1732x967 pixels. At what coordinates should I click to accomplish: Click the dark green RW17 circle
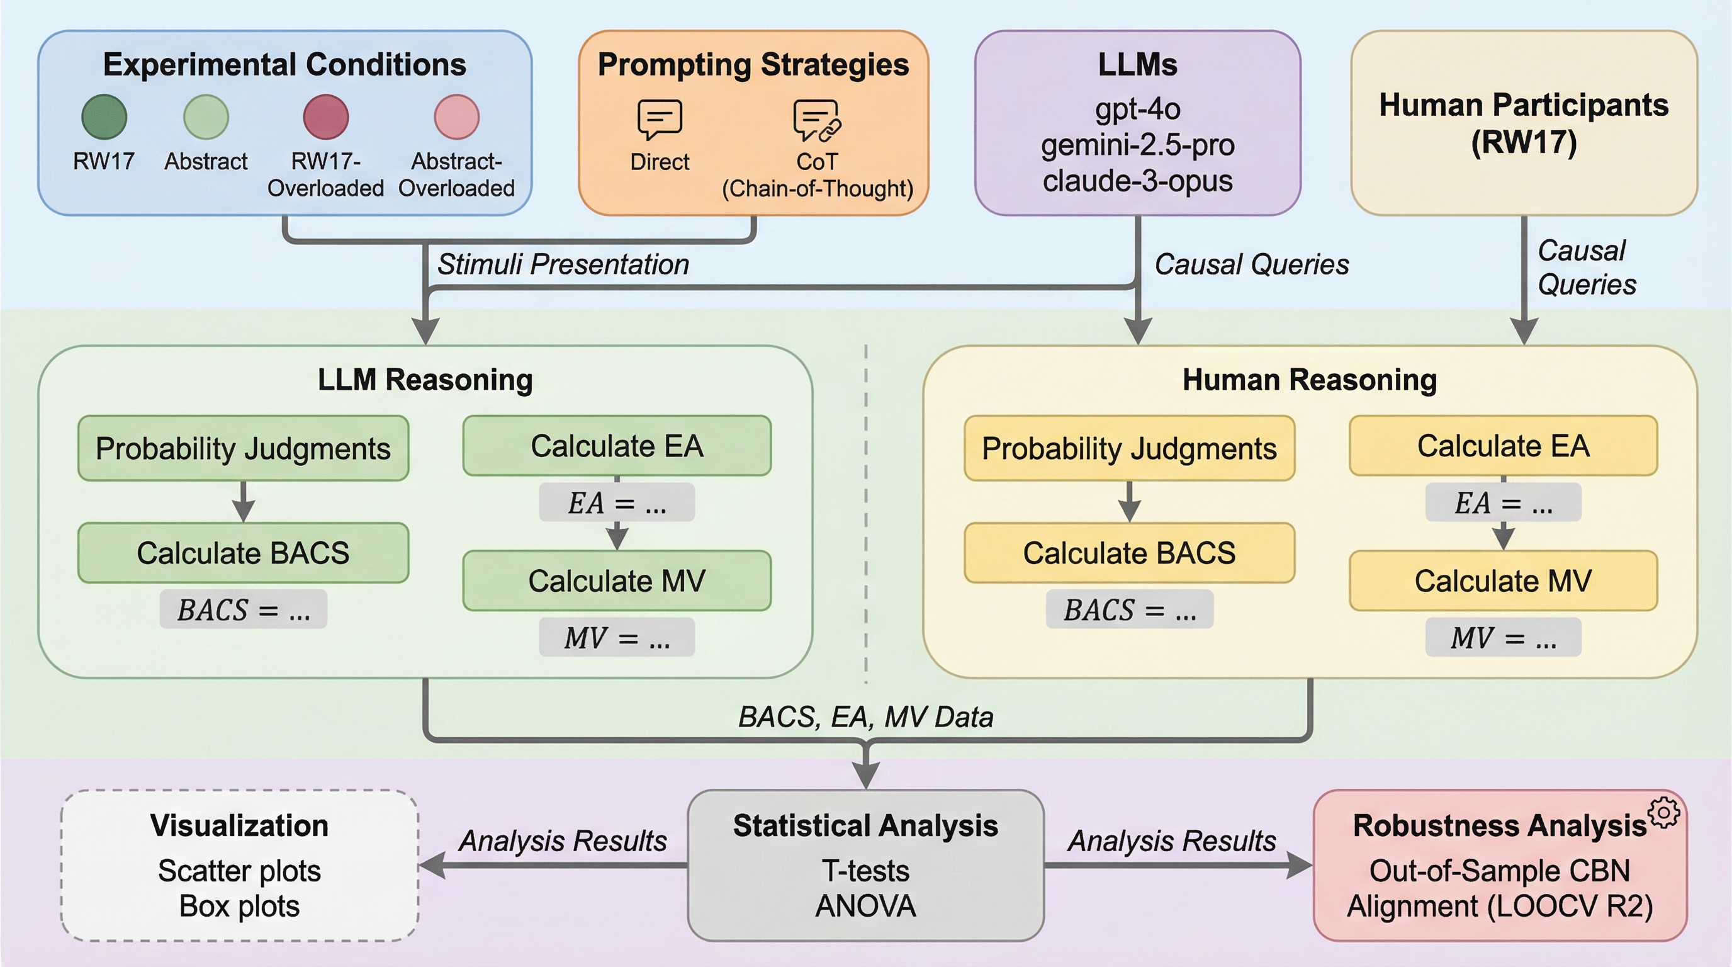tap(104, 116)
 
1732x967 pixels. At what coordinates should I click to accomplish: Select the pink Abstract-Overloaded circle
tap(456, 116)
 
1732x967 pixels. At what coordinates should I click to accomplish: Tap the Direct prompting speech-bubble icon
tap(660, 119)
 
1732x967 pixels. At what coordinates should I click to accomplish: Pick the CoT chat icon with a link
tap(817, 120)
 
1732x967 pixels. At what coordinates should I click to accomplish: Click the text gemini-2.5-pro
tap(1138, 145)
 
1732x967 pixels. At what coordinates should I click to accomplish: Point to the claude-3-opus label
tap(1138, 181)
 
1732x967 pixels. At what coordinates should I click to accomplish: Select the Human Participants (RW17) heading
tap(1524, 123)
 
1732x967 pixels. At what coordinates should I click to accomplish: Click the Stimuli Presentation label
tap(563, 264)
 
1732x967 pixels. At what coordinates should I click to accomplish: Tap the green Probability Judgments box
tap(244, 448)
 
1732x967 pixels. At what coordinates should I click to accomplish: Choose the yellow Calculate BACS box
tap(1130, 553)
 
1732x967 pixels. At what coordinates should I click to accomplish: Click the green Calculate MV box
tap(617, 580)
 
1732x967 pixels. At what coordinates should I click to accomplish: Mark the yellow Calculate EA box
tap(1504, 446)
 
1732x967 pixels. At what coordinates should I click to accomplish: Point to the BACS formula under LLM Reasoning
tap(244, 610)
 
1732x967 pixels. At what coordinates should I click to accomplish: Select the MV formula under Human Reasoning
tap(1504, 638)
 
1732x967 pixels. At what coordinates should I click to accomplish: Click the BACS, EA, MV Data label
tap(865, 717)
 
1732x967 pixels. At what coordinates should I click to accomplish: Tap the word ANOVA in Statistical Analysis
tap(865, 906)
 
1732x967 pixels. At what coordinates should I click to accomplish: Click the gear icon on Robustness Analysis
tap(1664, 813)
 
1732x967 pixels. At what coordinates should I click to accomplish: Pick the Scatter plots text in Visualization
tap(239, 871)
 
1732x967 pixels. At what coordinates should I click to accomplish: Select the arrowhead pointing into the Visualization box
tap(432, 865)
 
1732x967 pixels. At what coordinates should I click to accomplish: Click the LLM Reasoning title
tap(425, 380)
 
